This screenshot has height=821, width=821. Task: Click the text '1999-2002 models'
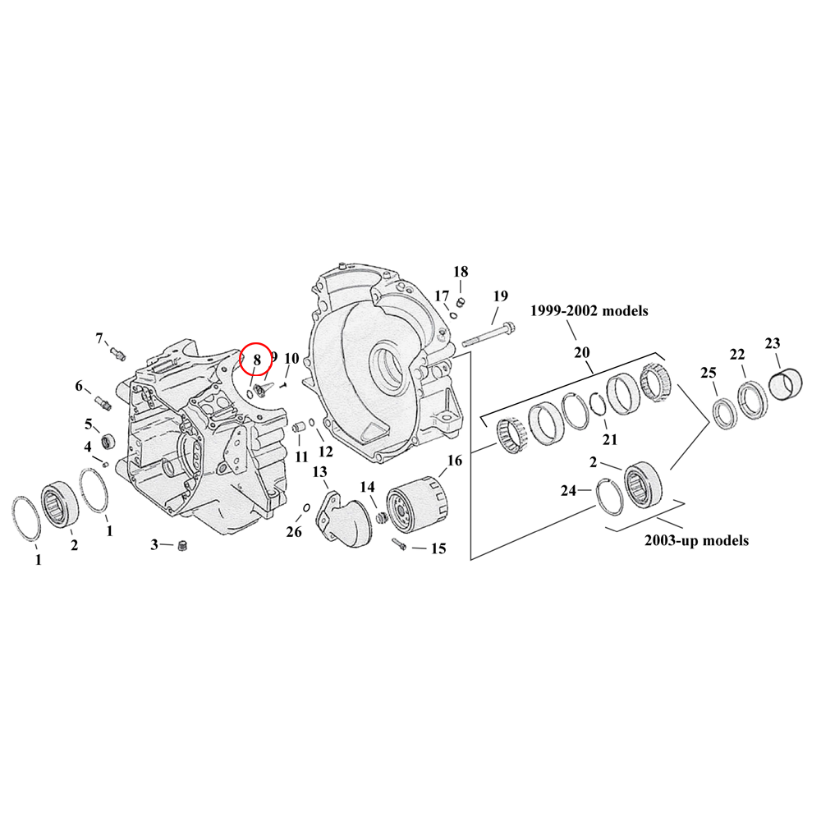pyautogui.click(x=589, y=311)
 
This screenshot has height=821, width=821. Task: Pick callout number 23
pyautogui.click(x=773, y=343)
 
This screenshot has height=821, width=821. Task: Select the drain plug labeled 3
pyautogui.click(x=183, y=546)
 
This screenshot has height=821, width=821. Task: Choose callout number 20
pyautogui.click(x=582, y=352)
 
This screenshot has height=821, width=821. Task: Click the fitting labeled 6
pyautogui.click(x=103, y=401)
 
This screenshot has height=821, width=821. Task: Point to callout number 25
pyautogui.click(x=708, y=373)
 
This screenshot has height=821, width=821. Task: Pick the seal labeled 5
pyautogui.click(x=107, y=443)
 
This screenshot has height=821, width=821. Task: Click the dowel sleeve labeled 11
pyautogui.click(x=299, y=427)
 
